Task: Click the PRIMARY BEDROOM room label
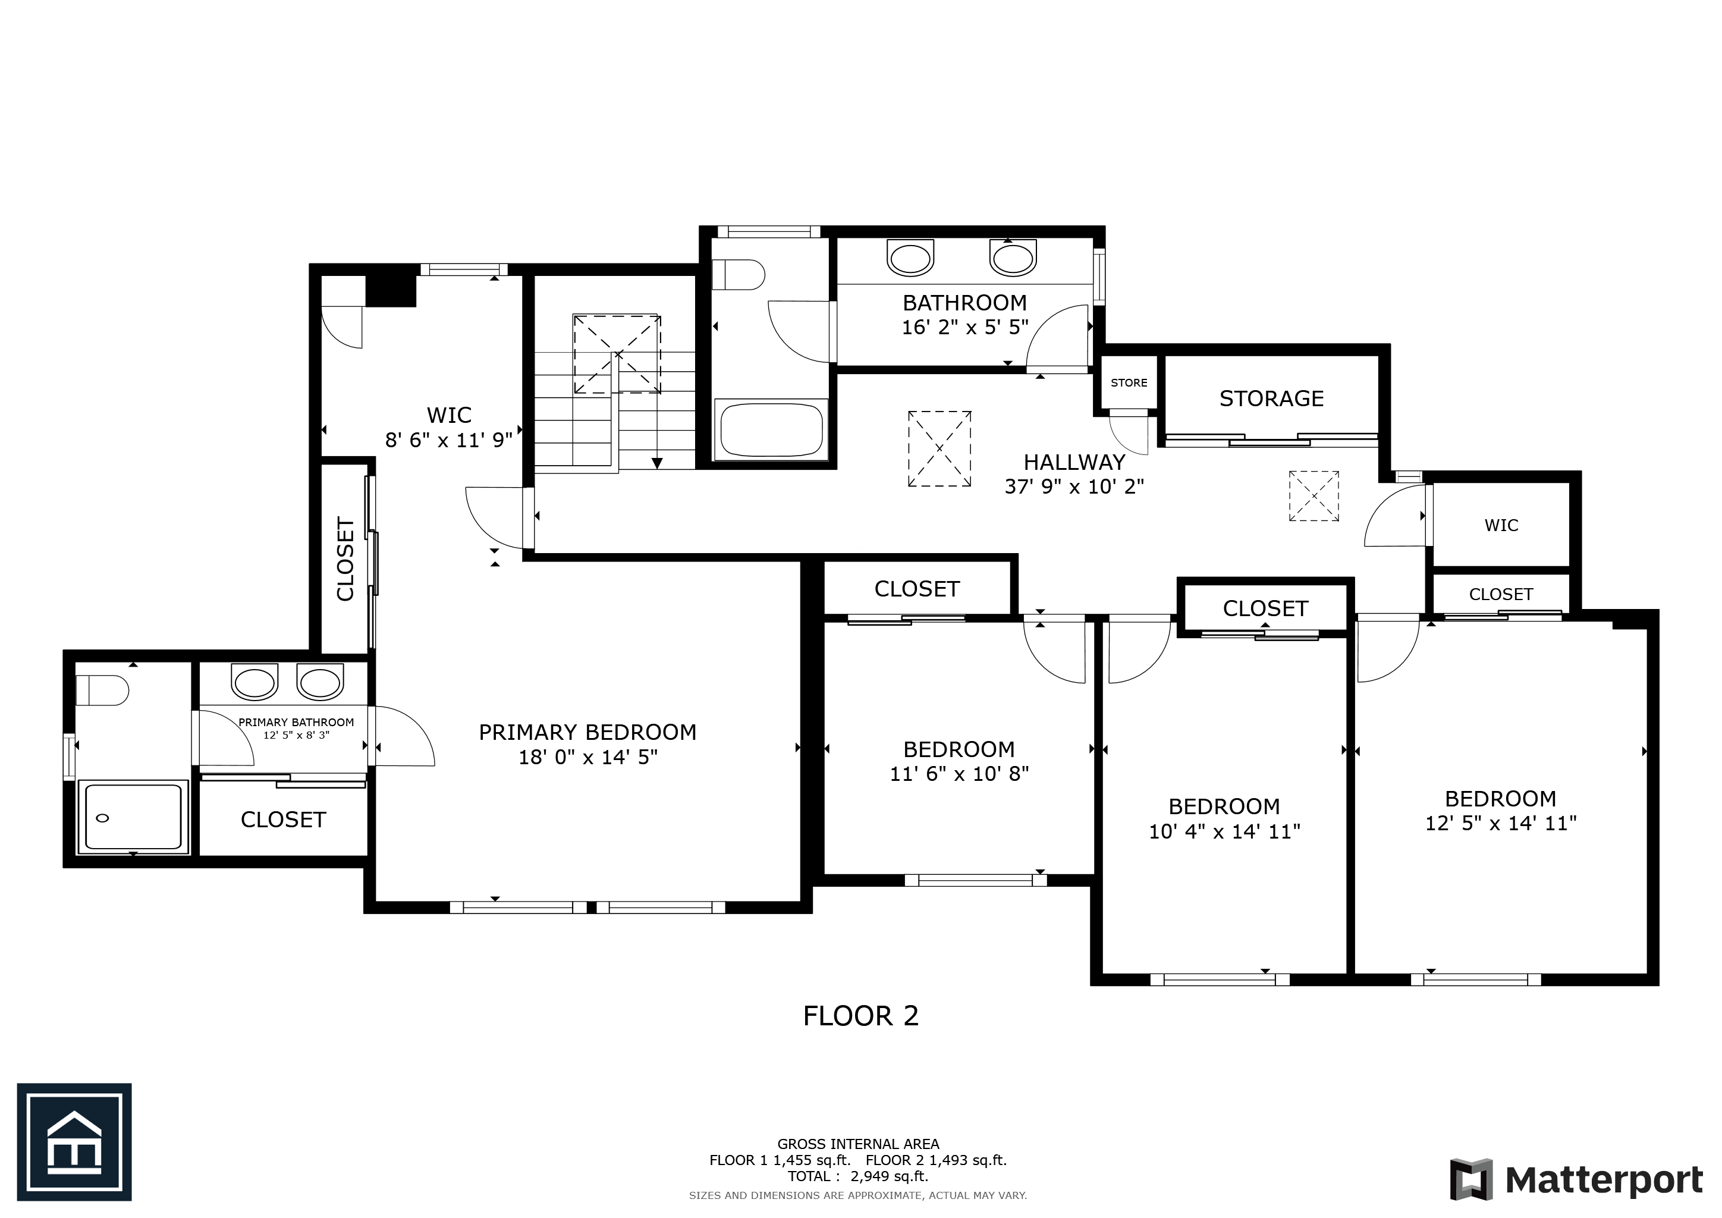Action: coord(587,732)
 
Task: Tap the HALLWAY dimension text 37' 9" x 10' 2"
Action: coord(1074,486)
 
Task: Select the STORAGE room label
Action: coord(1271,398)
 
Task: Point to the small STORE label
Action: coord(1129,382)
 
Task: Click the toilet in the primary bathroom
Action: coord(102,690)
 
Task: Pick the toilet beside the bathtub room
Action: coord(737,275)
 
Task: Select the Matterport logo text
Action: coord(1604,1181)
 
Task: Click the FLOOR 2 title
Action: coord(860,1016)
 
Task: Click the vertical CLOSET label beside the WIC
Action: coord(345,559)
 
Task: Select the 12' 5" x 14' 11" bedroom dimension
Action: coord(1500,824)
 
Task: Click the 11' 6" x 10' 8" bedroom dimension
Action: coord(959,773)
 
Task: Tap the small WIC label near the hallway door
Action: coord(1501,525)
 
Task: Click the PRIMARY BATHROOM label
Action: coord(296,722)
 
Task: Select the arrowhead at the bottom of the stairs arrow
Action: coord(657,463)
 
